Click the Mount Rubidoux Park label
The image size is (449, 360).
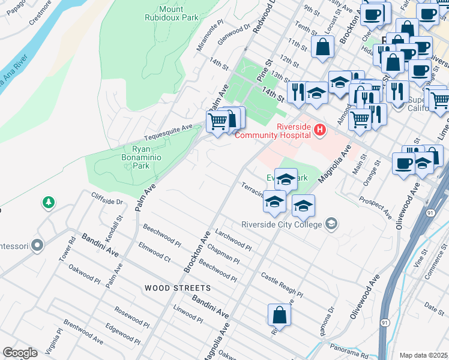pyautogui.click(x=179, y=13)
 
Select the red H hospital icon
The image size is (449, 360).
pyautogui.click(x=320, y=130)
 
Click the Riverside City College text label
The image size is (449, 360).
pyautogui.click(x=282, y=224)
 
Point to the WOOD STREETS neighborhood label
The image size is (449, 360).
pyautogui.click(x=177, y=288)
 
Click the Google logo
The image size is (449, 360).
pyautogui.click(x=20, y=352)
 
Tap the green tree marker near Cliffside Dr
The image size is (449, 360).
pyautogui.click(x=48, y=203)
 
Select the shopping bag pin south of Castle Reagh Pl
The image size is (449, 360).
pyautogui.click(x=279, y=314)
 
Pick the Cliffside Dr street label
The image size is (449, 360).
pyautogui.click(x=107, y=198)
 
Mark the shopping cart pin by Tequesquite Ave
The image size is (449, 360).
pyautogui.click(x=217, y=121)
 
